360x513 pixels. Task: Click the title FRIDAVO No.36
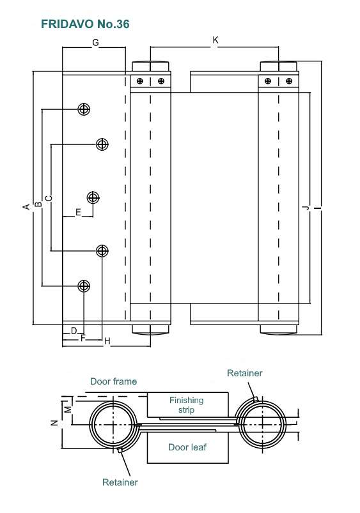85,24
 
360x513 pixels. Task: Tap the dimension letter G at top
95,43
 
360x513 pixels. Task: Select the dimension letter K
215,40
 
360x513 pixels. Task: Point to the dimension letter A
26,206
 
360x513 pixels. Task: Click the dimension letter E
78,212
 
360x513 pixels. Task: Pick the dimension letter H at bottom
107,342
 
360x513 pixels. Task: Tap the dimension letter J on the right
306,208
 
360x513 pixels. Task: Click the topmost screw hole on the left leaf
84,109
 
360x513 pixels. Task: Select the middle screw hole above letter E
93,197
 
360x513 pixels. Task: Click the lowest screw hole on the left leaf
84,286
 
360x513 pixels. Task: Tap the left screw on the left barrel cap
140,80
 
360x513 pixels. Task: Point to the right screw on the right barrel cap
289,80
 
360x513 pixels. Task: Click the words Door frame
113,381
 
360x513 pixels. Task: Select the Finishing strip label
186,405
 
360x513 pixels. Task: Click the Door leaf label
187,447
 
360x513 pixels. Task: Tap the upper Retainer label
245,373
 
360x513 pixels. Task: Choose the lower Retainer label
120,482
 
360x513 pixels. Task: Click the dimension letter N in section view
55,423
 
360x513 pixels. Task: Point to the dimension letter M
67,410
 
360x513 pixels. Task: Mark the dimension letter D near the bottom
74,331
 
